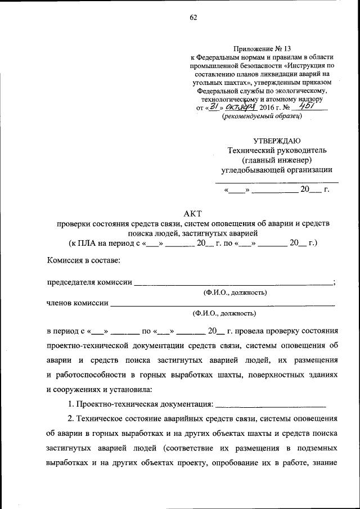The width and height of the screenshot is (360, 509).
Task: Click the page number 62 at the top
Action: click(x=193, y=17)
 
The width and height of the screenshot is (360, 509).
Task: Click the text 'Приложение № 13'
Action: click(x=262, y=49)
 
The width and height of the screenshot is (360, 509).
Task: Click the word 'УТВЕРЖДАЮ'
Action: click(x=277, y=141)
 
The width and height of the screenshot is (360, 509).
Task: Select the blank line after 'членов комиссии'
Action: click(x=222, y=304)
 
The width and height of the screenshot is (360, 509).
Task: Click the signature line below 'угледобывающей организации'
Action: click(x=277, y=182)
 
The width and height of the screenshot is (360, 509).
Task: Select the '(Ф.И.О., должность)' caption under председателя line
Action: click(x=235, y=292)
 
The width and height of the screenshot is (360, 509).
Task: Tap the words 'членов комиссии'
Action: click(x=78, y=303)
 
